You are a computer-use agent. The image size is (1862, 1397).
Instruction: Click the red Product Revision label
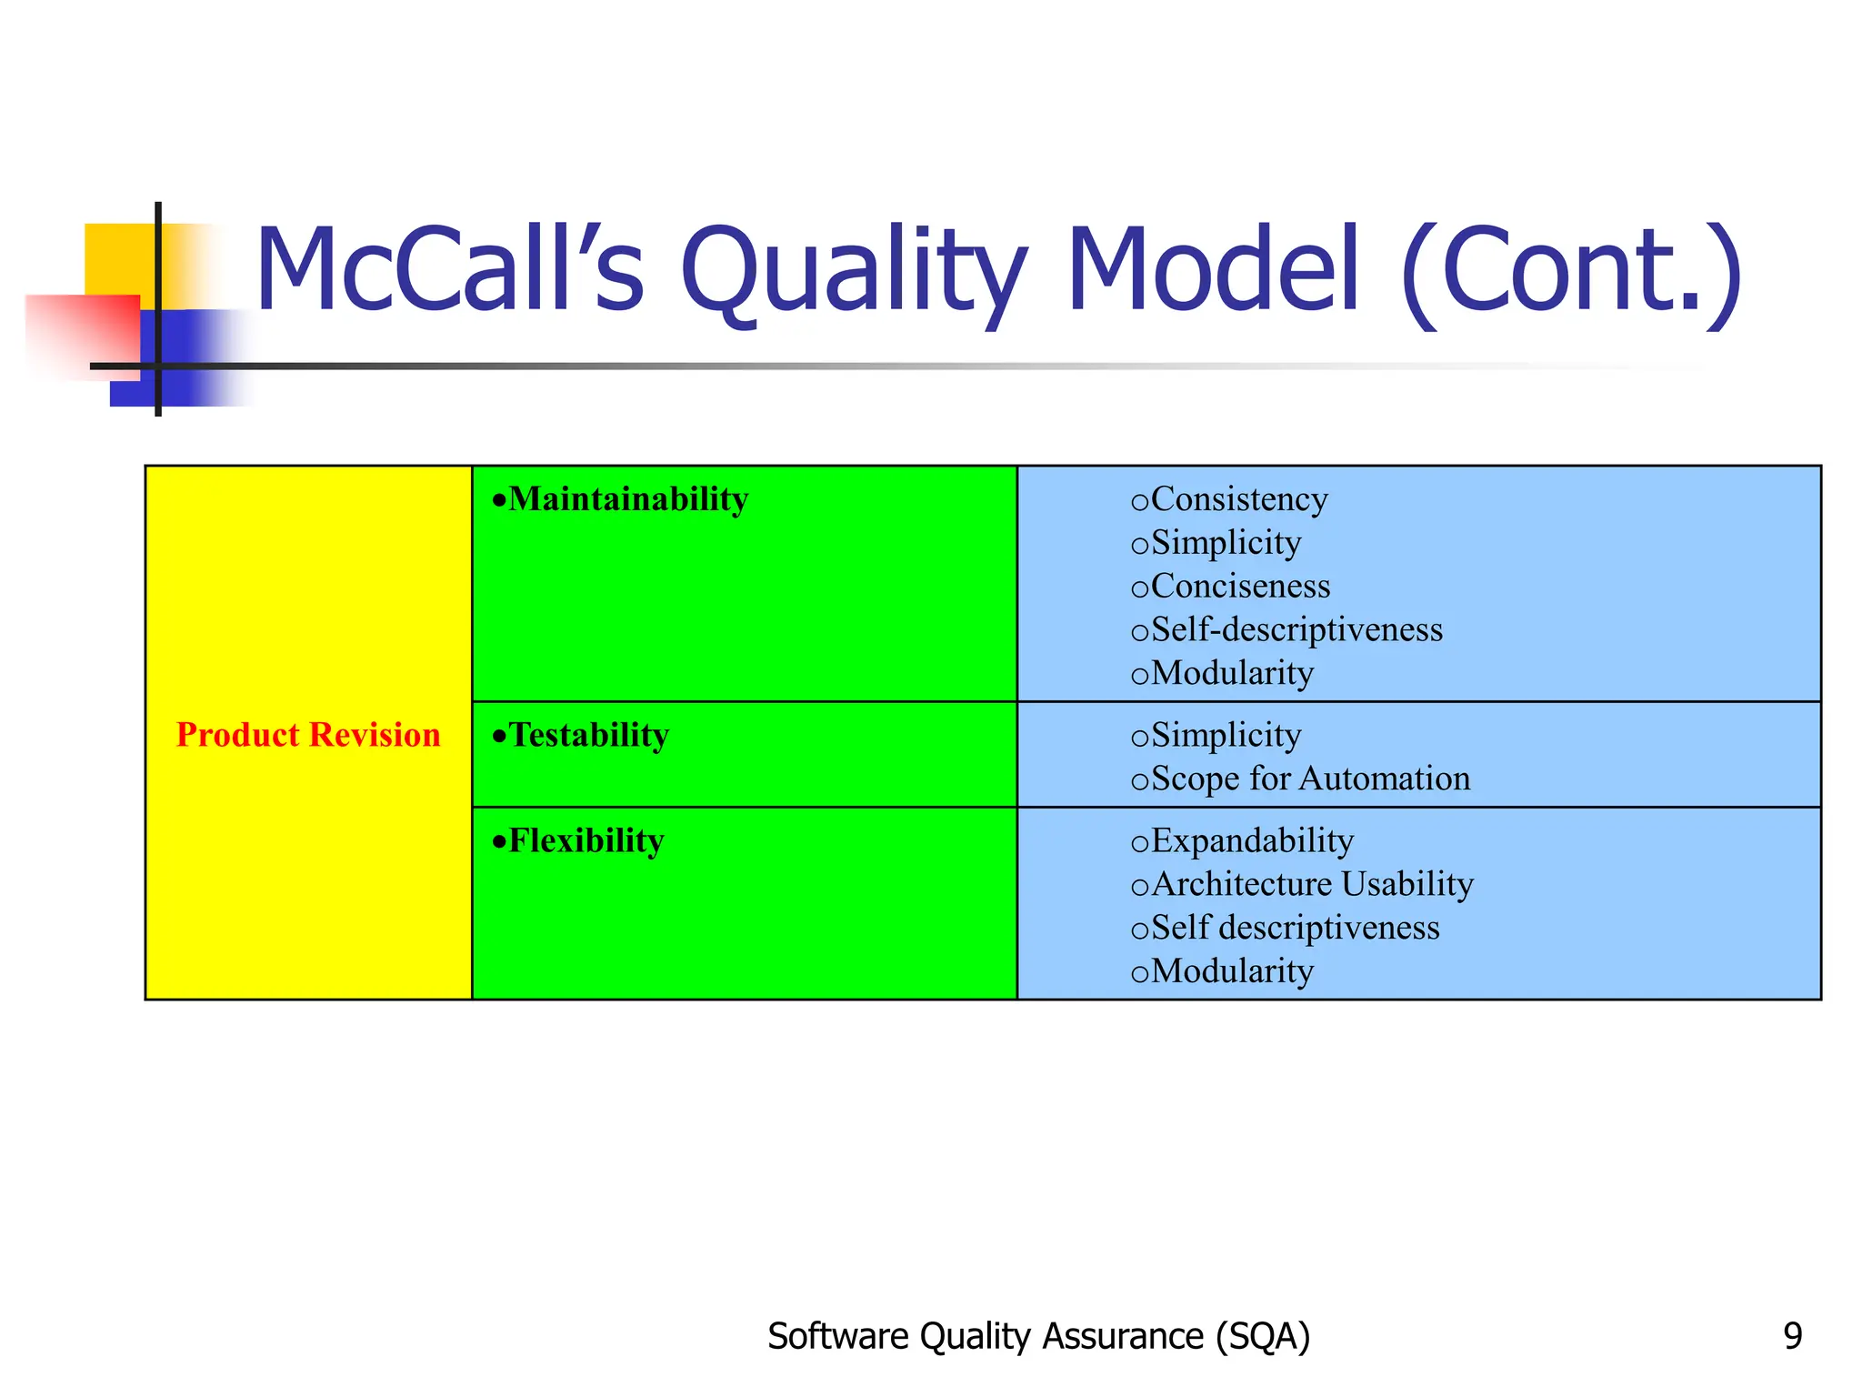click(x=308, y=735)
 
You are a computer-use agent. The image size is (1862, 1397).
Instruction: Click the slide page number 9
click(x=1792, y=1336)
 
